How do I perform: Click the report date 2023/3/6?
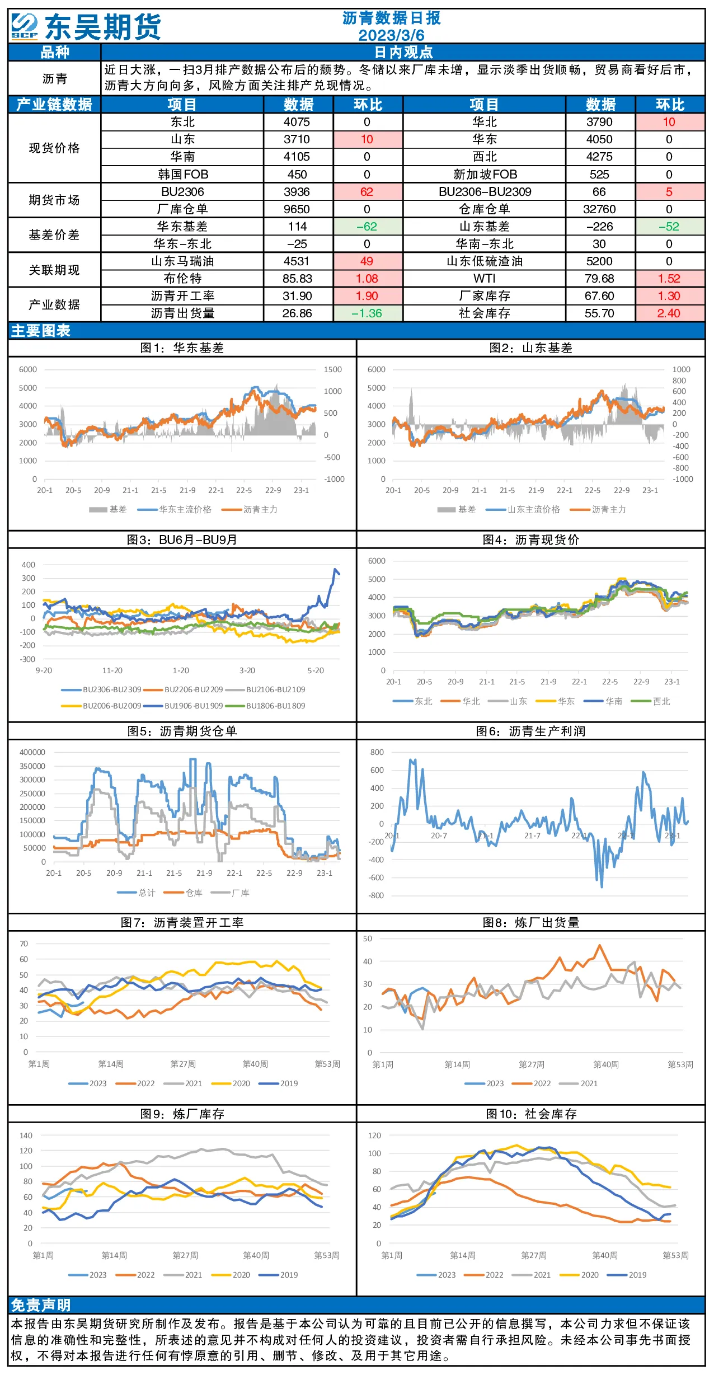pos(391,35)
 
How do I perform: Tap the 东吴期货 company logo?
pos(86,26)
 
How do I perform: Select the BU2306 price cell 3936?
pos(297,192)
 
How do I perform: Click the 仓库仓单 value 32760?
pos(599,209)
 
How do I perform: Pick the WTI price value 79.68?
pos(599,279)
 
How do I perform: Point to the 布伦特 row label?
pos(182,279)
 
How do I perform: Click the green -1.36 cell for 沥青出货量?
pos(367,313)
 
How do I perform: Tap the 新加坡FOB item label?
pos(485,175)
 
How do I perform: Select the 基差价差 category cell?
pos(54,235)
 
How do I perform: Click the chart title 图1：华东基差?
pos(182,348)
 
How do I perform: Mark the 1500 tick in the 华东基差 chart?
pos(332,369)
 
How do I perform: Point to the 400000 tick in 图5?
pos(32,752)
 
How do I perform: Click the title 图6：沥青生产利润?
pos(530,731)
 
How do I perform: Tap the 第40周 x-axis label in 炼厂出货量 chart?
pos(606,1064)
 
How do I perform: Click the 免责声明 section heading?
pos(41,1305)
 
